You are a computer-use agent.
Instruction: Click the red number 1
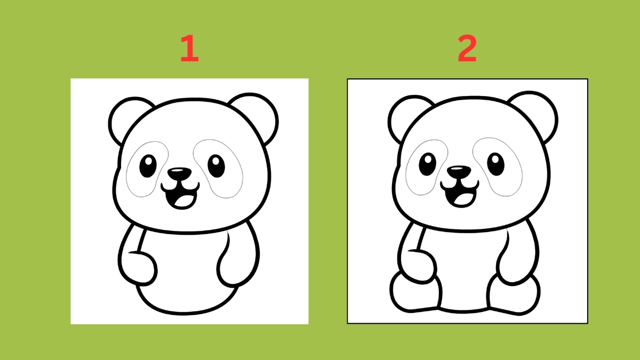coord(190,48)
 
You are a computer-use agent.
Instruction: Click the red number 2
coord(467,48)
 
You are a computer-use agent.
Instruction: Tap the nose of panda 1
coord(179,173)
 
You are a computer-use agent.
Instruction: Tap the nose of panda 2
coord(459,171)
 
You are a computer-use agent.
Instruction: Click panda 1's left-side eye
coord(148,166)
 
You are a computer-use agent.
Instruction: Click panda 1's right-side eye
coord(217,166)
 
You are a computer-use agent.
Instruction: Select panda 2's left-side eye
coord(427,164)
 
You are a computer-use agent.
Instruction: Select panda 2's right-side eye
coord(495,164)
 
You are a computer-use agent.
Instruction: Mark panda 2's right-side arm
coord(518,254)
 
